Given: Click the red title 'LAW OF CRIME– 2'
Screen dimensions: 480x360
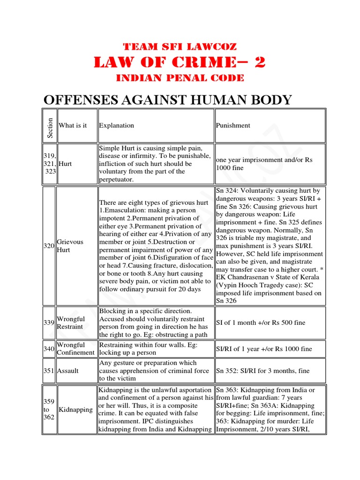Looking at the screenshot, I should click(x=180, y=62).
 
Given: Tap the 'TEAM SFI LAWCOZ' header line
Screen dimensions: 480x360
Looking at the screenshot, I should click(x=180, y=47).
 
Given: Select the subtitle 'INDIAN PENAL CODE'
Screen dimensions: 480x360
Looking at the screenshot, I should click(x=180, y=78).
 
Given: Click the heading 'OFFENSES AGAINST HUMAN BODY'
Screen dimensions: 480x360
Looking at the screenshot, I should click(x=167, y=100).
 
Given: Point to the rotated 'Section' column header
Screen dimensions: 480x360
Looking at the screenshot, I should click(x=50, y=126).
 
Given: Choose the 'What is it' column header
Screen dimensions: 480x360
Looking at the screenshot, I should click(x=73, y=126).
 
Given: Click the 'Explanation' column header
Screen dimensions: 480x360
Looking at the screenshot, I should click(x=116, y=126).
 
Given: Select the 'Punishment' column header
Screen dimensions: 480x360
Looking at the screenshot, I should click(x=233, y=126).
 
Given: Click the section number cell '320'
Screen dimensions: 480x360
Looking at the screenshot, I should click(x=49, y=246).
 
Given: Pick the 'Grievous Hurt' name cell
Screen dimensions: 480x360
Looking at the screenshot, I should click(x=70, y=246).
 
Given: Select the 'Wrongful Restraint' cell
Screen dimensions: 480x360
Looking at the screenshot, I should click(x=71, y=322).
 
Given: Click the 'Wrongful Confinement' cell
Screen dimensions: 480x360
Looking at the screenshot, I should click(x=76, y=349).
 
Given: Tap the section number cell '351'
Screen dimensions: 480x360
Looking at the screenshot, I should click(x=49, y=371).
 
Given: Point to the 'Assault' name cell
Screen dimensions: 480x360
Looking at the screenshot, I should click(x=68, y=371).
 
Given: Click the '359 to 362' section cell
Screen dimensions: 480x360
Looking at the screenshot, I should click(x=49, y=410).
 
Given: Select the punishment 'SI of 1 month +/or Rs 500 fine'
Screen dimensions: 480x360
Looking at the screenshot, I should click(x=260, y=322).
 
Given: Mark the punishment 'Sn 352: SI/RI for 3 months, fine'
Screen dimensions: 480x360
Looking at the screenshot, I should click(x=262, y=371).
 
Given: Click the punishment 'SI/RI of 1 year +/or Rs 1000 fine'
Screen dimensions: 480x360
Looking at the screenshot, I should click(x=264, y=349).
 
